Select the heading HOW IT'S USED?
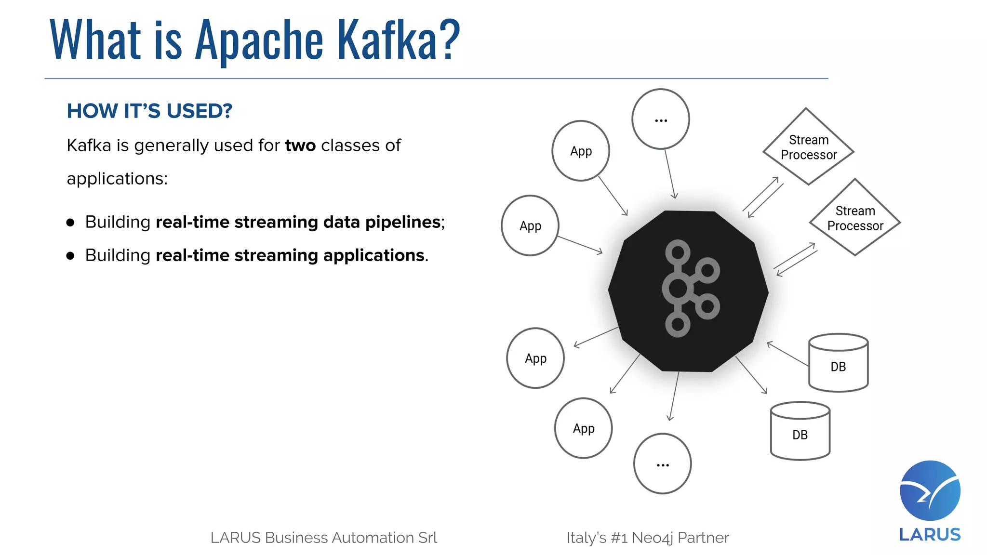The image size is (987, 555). [x=149, y=111]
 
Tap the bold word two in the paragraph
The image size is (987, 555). [x=300, y=145]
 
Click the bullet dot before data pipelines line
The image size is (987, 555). [x=71, y=223]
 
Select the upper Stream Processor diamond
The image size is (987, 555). [x=808, y=147]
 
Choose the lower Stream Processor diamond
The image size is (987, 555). [x=855, y=218]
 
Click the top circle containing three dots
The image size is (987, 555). [x=661, y=119]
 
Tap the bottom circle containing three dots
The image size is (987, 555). [x=662, y=464]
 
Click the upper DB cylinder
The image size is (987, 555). [x=838, y=363]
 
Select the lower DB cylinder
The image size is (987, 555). [x=800, y=432]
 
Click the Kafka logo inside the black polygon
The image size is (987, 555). [x=689, y=289]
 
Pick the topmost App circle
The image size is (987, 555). [x=581, y=151]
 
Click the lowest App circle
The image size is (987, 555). [x=583, y=428]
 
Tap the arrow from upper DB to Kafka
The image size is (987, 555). [x=787, y=354]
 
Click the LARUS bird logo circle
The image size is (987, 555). [x=930, y=490]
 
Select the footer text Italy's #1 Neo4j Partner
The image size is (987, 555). [x=647, y=538]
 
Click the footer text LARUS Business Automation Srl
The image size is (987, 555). [x=323, y=538]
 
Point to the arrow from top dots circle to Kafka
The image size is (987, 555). [x=670, y=173]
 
